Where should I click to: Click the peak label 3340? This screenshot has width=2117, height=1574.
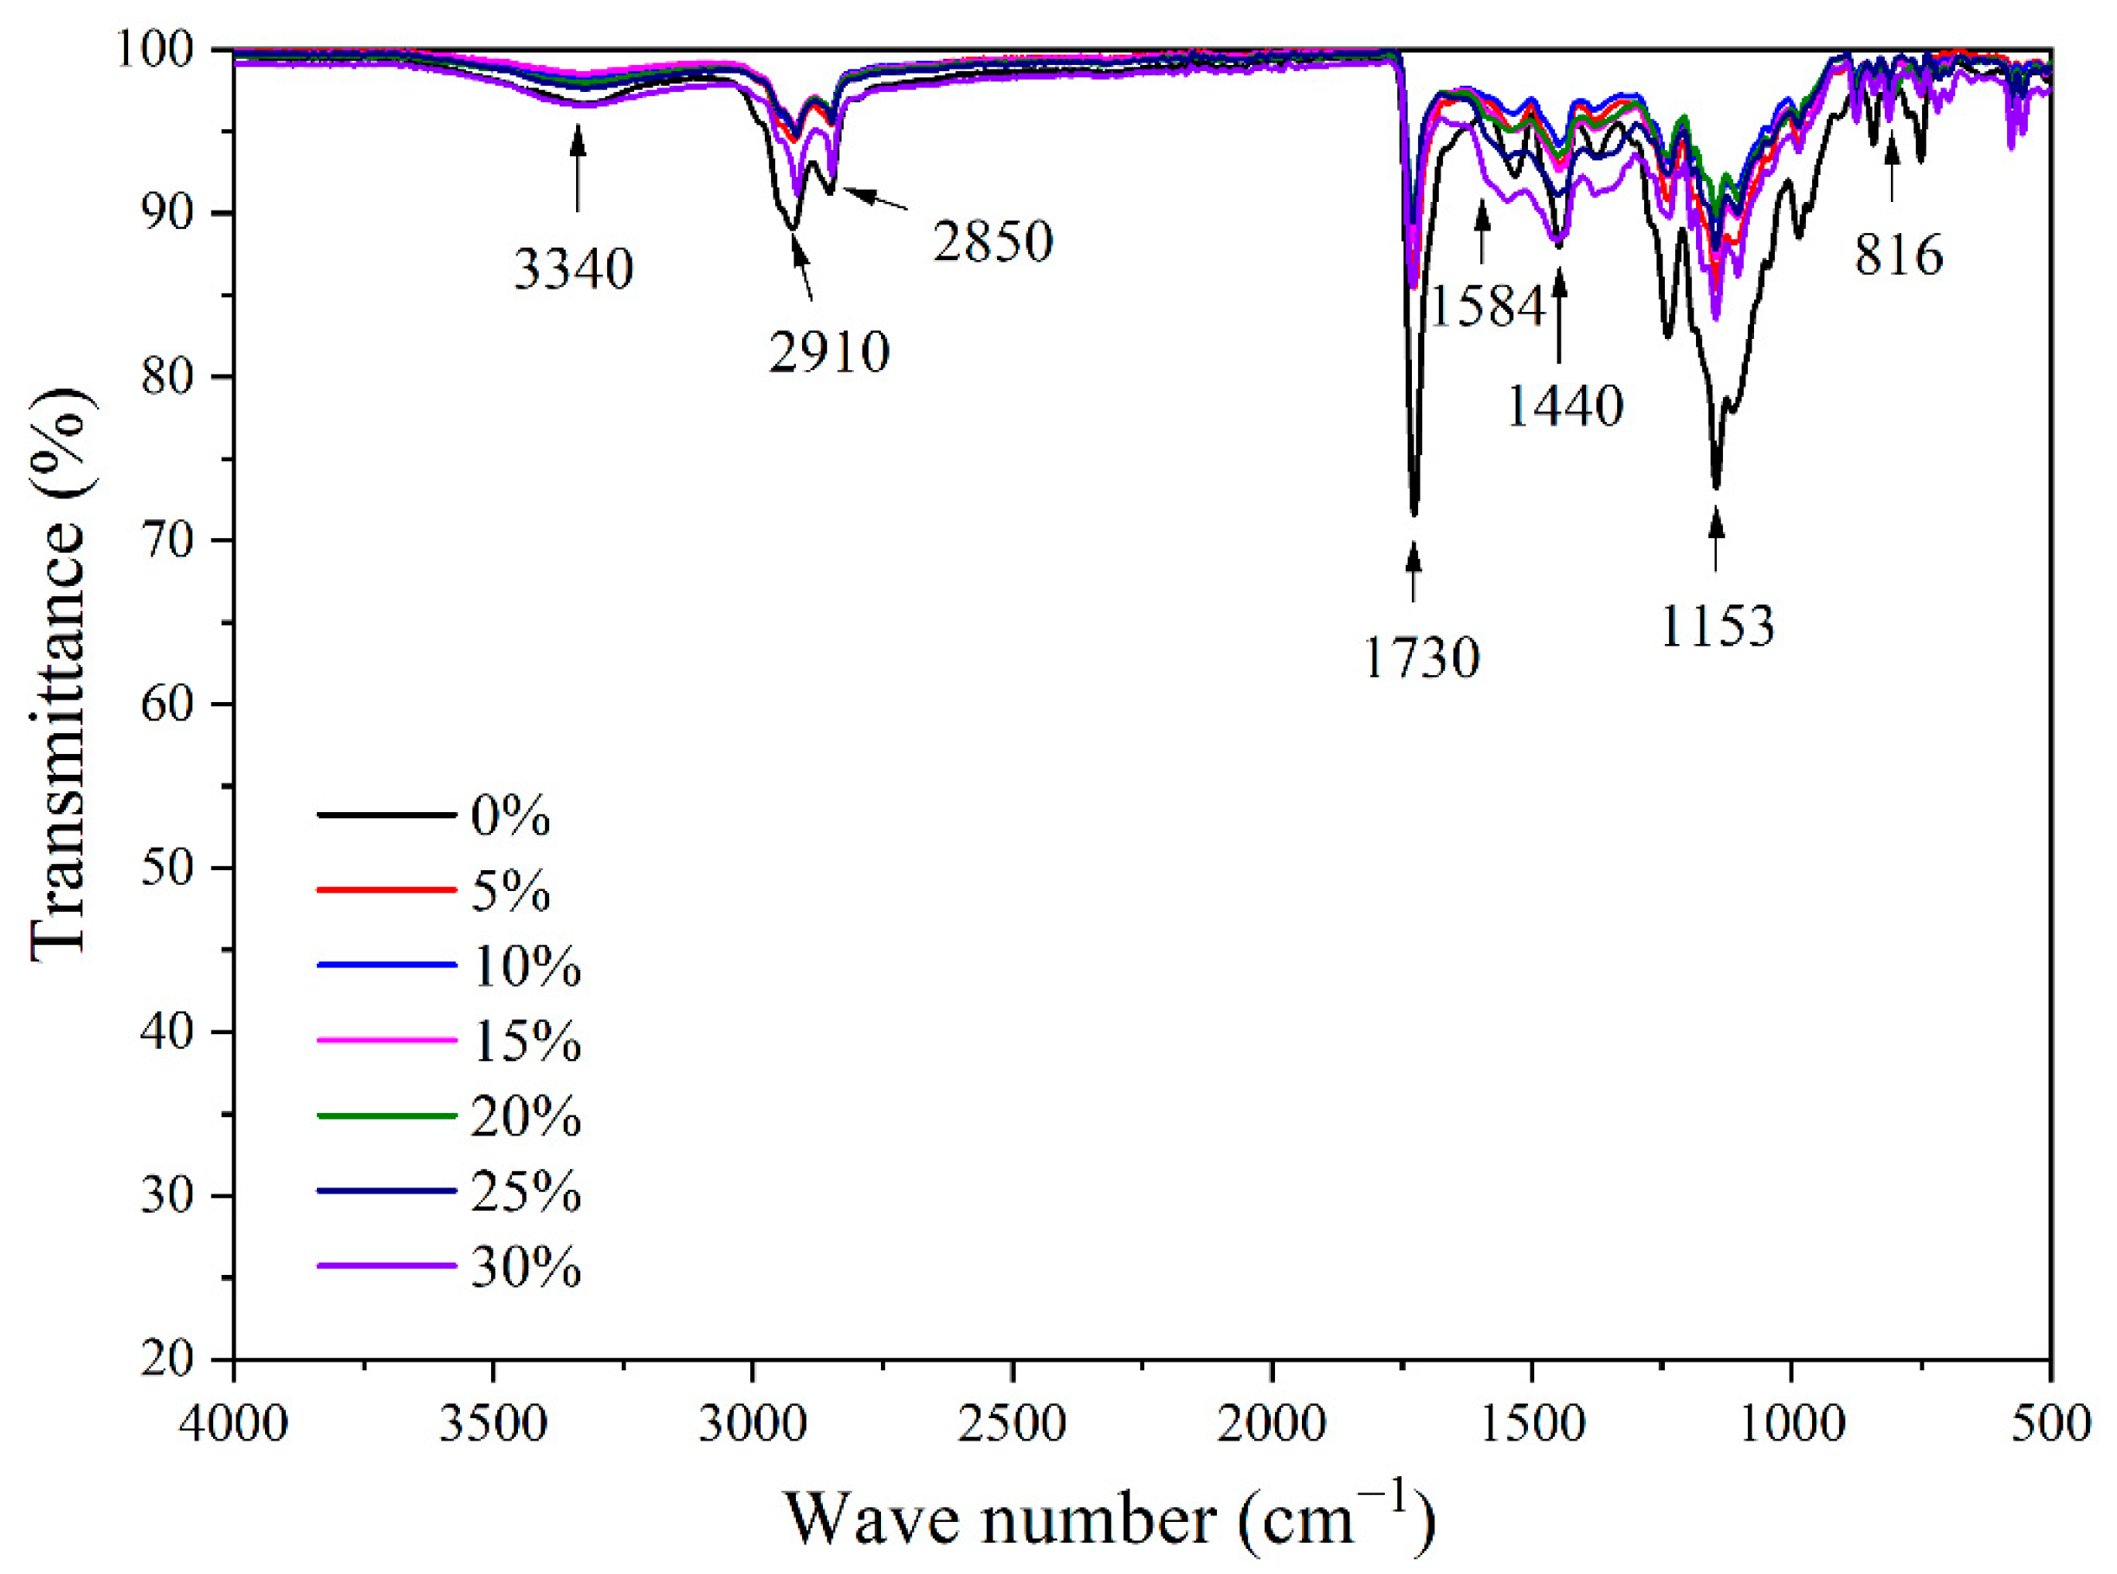click(573, 270)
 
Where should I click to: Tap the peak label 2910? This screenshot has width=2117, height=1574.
click(828, 353)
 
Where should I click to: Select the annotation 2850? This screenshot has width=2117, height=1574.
click(993, 242)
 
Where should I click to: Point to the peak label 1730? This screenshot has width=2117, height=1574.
click(1421, 657)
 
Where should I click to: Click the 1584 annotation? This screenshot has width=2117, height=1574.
click(1486, 307)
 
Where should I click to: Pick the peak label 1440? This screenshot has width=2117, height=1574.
click(1564, 407)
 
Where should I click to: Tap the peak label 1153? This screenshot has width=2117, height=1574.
click(1717, 627)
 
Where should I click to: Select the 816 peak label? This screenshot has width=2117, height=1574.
click(1898, 256)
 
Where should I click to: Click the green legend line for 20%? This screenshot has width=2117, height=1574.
click(385, 1115)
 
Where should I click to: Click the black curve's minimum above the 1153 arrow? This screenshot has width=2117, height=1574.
click(1716, 486)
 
